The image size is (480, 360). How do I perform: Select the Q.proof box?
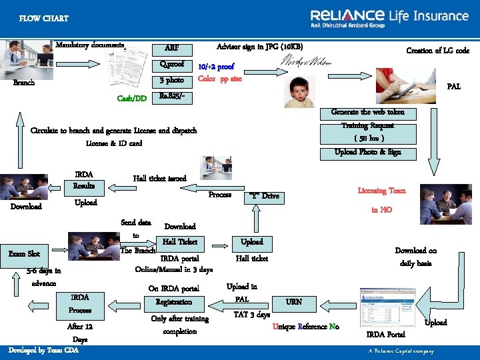172,65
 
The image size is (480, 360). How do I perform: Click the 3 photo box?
172,81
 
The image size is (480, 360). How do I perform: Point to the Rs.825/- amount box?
172,97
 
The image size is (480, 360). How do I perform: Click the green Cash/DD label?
132,99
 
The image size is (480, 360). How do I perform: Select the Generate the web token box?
368,112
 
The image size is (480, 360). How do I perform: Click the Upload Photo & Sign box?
368,152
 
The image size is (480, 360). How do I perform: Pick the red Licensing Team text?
381,191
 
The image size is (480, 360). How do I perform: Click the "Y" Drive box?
263,197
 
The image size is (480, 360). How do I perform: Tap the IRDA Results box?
84,180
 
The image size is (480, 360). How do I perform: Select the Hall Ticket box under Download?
180,242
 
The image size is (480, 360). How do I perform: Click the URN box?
294,302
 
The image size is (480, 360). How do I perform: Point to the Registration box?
178,303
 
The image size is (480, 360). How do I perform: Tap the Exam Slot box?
25,253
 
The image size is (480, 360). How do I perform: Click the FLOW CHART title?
43,19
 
